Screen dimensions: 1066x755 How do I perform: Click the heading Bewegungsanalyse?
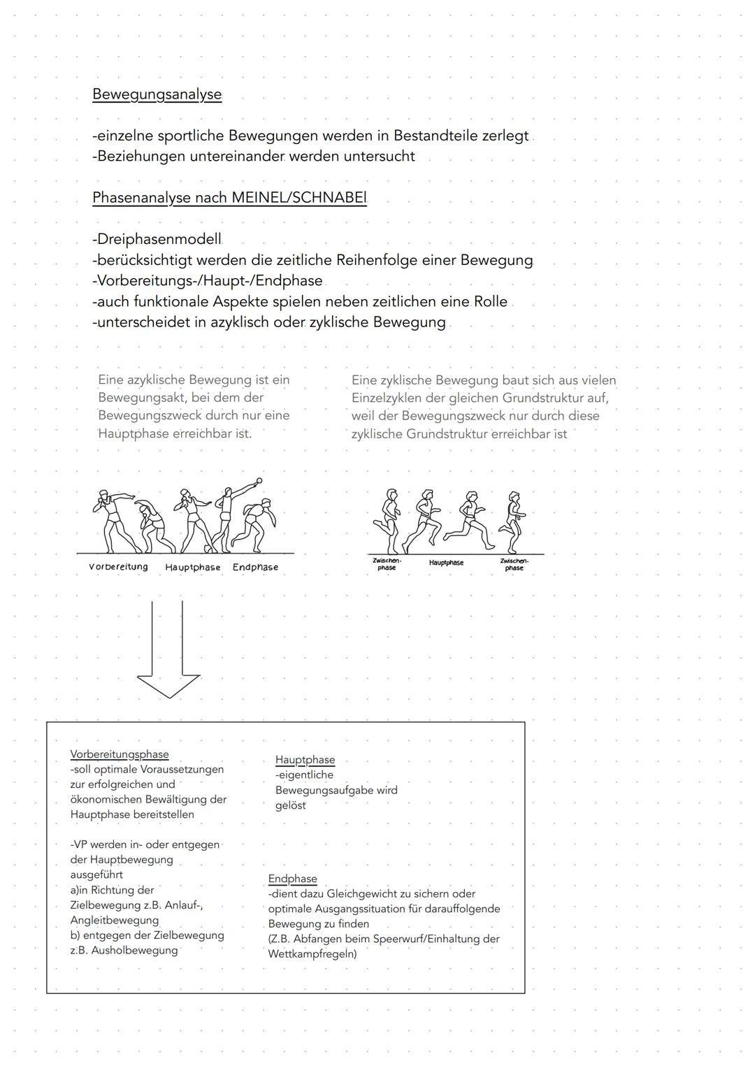[x=157, y=94]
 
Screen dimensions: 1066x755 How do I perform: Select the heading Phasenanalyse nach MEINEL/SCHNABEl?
[x=229, y=198]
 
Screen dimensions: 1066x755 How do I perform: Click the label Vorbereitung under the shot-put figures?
[x=118, y=567]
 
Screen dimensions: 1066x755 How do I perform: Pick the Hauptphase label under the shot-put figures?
[x=192, y=568]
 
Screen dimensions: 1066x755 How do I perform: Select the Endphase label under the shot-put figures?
[x=255, y=568]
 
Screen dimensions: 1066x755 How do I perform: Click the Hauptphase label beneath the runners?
[x=446, y=563]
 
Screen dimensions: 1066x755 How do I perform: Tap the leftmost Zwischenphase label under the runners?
[x=387, y=564]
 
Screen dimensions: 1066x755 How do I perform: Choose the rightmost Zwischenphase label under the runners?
[x=514, y=564]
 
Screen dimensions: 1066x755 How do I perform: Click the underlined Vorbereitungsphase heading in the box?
[x=120, y=754]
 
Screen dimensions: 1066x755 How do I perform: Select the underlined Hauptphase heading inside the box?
[x=305, y=760]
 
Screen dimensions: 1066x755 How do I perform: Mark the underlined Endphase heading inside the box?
[x=292, y=879]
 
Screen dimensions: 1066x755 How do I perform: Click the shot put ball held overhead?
[x=259, y=481]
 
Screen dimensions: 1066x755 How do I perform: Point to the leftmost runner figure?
[x=387, y=521]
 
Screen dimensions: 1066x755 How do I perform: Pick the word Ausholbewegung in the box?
[x=134, y=951]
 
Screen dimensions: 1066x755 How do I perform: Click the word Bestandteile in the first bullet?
[x=435, y=136]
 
